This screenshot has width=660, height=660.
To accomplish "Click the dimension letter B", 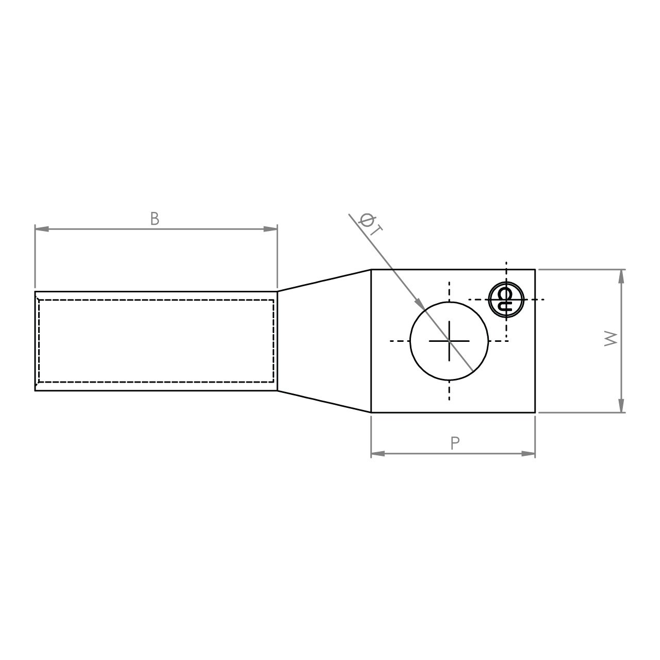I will coord(155,219).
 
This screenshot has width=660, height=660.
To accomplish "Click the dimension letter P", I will coord(455,443).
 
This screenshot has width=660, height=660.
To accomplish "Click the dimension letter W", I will coord(611,339).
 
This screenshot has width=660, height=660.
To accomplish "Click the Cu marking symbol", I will coord(506,299).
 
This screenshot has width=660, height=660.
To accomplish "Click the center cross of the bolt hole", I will coord(449,341).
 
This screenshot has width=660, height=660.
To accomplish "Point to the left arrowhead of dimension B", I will coord(41,228).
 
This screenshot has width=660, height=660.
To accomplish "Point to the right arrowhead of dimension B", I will coord(271,228).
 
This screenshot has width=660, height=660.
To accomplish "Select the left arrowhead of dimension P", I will coord(377,454).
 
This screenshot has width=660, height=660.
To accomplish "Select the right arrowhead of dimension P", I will coord(529,454).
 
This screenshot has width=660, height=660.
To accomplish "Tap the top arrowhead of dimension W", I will coord(621,276).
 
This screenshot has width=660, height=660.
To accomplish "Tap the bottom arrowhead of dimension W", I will coord(621,406).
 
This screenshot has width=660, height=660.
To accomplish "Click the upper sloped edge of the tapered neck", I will coord(324,280).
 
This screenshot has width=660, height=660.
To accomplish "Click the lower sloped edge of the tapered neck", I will coord(324,402).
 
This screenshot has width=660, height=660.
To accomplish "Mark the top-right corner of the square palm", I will coord(535,269).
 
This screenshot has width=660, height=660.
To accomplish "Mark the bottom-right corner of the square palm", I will coord(535,412).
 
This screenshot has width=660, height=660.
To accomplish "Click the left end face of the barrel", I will coord(35,341).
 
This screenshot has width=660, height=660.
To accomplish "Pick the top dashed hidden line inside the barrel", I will coord(155,300).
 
